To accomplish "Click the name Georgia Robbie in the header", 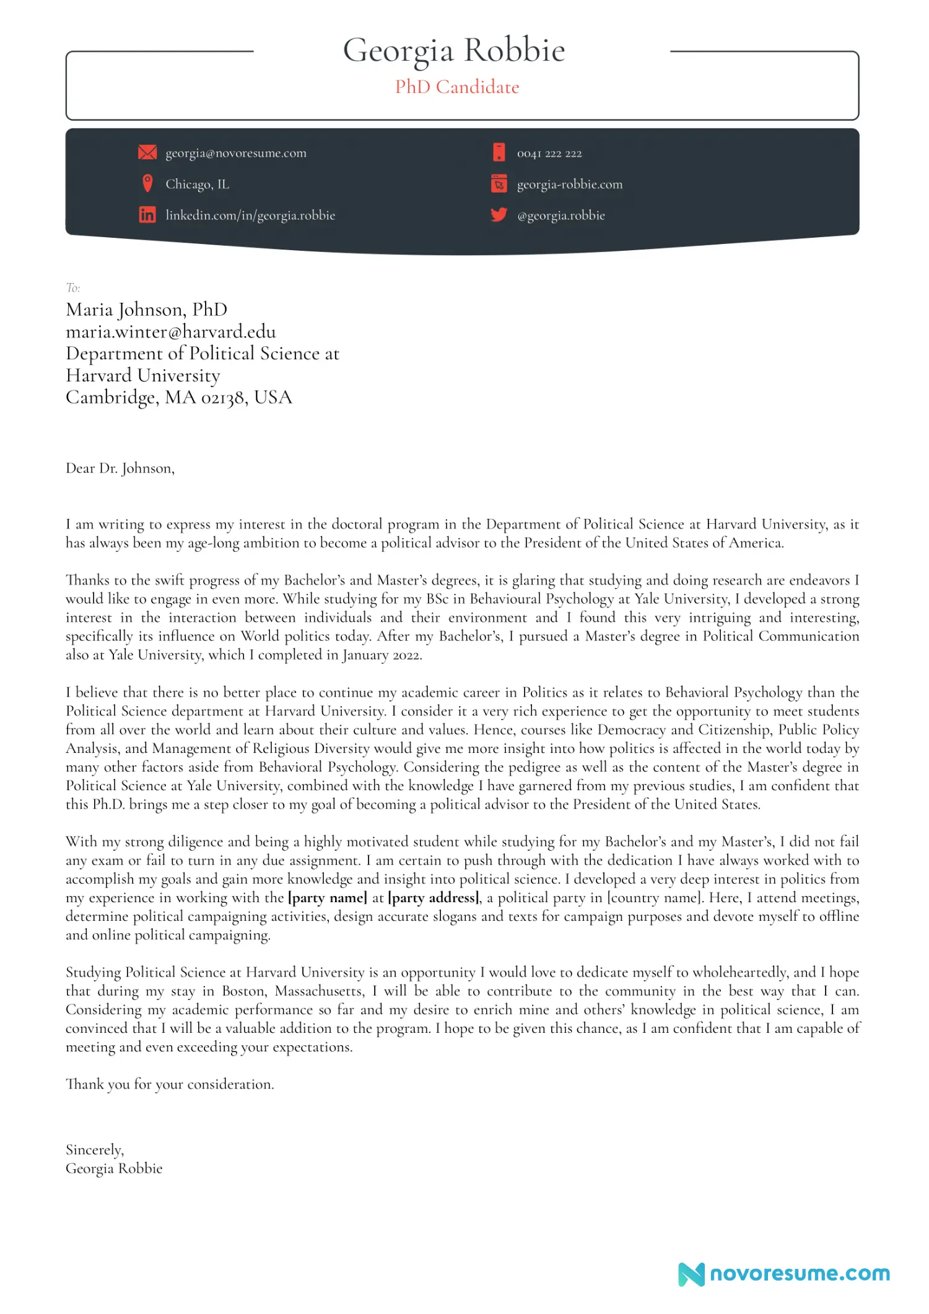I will [x=454, y=51].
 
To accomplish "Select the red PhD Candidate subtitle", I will [x=457, y=87].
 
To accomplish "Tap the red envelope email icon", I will [x=147, y=152].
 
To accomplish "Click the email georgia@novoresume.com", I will [x=236, y=153].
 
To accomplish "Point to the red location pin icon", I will [x=147, y=183].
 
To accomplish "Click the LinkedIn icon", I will [x=147, y=215].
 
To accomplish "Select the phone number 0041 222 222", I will [x=549, y=154].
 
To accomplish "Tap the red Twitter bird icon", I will [x=499, y=215].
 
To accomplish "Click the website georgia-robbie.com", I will [x=570, y=185].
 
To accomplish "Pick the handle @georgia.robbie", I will [x=561, y=215].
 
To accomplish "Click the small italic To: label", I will [x=73, y=287].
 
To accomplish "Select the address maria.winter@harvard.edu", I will [x=171, y=332].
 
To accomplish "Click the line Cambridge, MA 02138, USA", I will [x=178, y=398].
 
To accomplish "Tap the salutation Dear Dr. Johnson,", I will [x=120, y=468].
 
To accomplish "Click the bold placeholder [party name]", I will [x=328, y=898].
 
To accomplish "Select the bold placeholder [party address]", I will [x=434, y=898].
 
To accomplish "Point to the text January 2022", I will [x=382, y=655].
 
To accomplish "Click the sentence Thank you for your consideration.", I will [x=170, y=1084].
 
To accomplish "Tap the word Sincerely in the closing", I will [x=94, y=1150].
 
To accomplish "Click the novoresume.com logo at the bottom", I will [x=784, y=1274].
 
